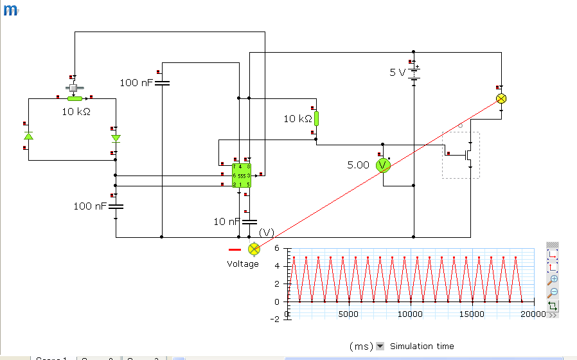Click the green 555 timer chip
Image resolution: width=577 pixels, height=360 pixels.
point(242,175)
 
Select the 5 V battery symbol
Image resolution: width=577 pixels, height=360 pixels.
point(414,72)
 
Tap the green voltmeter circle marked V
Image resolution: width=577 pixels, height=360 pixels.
point(383,166)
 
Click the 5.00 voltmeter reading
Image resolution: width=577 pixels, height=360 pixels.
point(358,165)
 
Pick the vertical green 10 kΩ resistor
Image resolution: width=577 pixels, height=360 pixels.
point(315,119)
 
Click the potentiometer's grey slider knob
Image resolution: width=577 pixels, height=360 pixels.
point(74,87)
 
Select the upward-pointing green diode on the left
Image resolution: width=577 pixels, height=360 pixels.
point(28,137)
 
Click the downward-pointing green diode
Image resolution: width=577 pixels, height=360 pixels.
point(116,138)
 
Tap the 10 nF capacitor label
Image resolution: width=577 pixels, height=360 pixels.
point(227,222)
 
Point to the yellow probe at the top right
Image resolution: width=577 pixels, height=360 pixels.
point(501,98)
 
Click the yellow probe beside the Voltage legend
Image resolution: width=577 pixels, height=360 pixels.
point(254,248)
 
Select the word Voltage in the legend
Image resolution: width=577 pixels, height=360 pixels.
point(243,264)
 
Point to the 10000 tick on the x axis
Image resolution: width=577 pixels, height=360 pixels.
point(410,314)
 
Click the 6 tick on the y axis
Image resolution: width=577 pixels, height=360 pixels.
point(277,248)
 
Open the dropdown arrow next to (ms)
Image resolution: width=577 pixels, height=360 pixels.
point(380,346)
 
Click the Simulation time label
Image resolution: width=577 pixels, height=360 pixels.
point(422,346)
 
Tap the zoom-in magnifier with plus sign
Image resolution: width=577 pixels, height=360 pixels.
point(553,280)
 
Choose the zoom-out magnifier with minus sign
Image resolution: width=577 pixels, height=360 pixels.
point(553,292)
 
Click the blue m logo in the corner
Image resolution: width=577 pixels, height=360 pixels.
point(10,11)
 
